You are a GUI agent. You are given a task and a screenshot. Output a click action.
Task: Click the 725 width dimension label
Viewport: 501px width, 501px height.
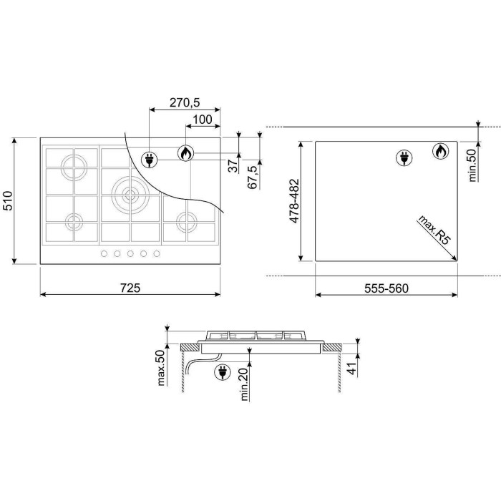[130, 288]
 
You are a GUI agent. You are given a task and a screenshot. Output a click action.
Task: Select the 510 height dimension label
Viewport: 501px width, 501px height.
[8, 200]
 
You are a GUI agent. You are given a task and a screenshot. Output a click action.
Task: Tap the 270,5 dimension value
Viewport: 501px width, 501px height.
[185, 102]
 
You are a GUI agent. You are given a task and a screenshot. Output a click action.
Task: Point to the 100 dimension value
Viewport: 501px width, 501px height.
[203, 120]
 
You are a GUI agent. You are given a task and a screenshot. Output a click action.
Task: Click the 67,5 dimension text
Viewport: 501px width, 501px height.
[253, 177]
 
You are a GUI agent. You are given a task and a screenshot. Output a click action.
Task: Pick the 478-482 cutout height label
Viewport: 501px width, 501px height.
[294, 200]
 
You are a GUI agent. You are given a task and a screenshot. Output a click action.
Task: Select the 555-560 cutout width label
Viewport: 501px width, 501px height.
[386, 288]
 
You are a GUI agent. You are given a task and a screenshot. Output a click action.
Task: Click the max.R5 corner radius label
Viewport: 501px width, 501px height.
[434, 230]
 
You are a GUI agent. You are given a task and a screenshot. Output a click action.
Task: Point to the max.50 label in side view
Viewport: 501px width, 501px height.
[161, 368]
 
